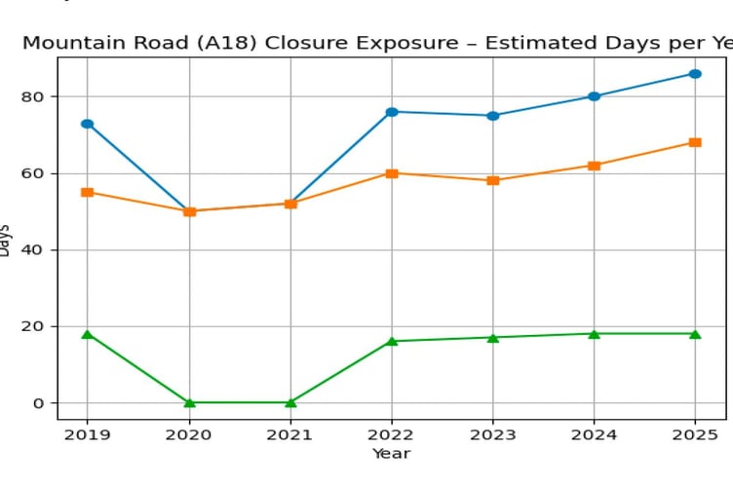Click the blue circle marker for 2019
click(88, 124)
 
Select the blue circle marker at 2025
click(695, 74)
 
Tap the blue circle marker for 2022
click(392, 112)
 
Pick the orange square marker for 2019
click(88, 192)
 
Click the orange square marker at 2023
click(493, 180)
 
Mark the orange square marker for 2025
click(695, 142)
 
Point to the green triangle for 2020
click(189, 402)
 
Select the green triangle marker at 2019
click(88, 334)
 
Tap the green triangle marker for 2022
click(392, 341)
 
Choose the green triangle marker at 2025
click(695, 334)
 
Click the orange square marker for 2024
click(594, 166)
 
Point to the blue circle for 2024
click(594, 96)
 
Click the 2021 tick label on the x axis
click(290, 434)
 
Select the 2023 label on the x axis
click(493, 434)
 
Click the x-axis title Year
click(391, 454)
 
